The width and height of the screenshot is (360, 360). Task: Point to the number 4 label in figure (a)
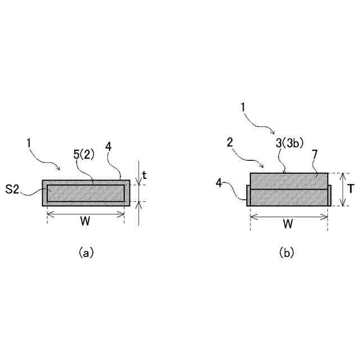[x=109, y=147]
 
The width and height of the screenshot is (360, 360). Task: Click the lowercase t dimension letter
[x=144, y=175]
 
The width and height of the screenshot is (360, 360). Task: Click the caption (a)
[x=85, y=253]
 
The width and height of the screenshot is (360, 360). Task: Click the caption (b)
[x=287, y=253]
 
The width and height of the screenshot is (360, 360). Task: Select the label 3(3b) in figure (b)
[x=290, y=143]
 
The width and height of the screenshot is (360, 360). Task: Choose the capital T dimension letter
[x=350, y=190]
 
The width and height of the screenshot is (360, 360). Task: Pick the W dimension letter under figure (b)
[x=287, y=223]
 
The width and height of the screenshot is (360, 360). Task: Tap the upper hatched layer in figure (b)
[x=289, y=181]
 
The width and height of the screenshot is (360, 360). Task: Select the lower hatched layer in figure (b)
[x=289, y=197]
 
